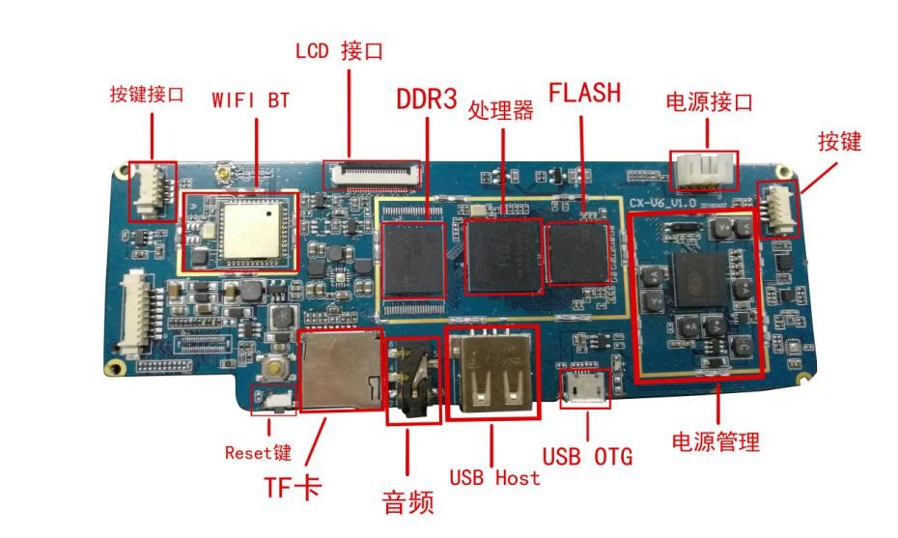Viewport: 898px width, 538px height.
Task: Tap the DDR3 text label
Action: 426,99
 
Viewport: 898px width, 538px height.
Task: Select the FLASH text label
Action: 584,93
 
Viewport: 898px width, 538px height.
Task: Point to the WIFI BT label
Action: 250,99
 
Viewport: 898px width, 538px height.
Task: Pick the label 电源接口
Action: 709,101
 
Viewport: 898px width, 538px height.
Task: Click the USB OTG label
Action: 586,455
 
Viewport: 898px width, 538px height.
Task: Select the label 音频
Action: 407,502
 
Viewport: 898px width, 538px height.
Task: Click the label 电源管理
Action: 716,441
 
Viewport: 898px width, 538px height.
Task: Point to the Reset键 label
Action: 258,451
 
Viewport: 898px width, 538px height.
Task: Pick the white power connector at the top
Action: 703,171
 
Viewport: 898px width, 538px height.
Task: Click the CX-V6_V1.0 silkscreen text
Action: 663,204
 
